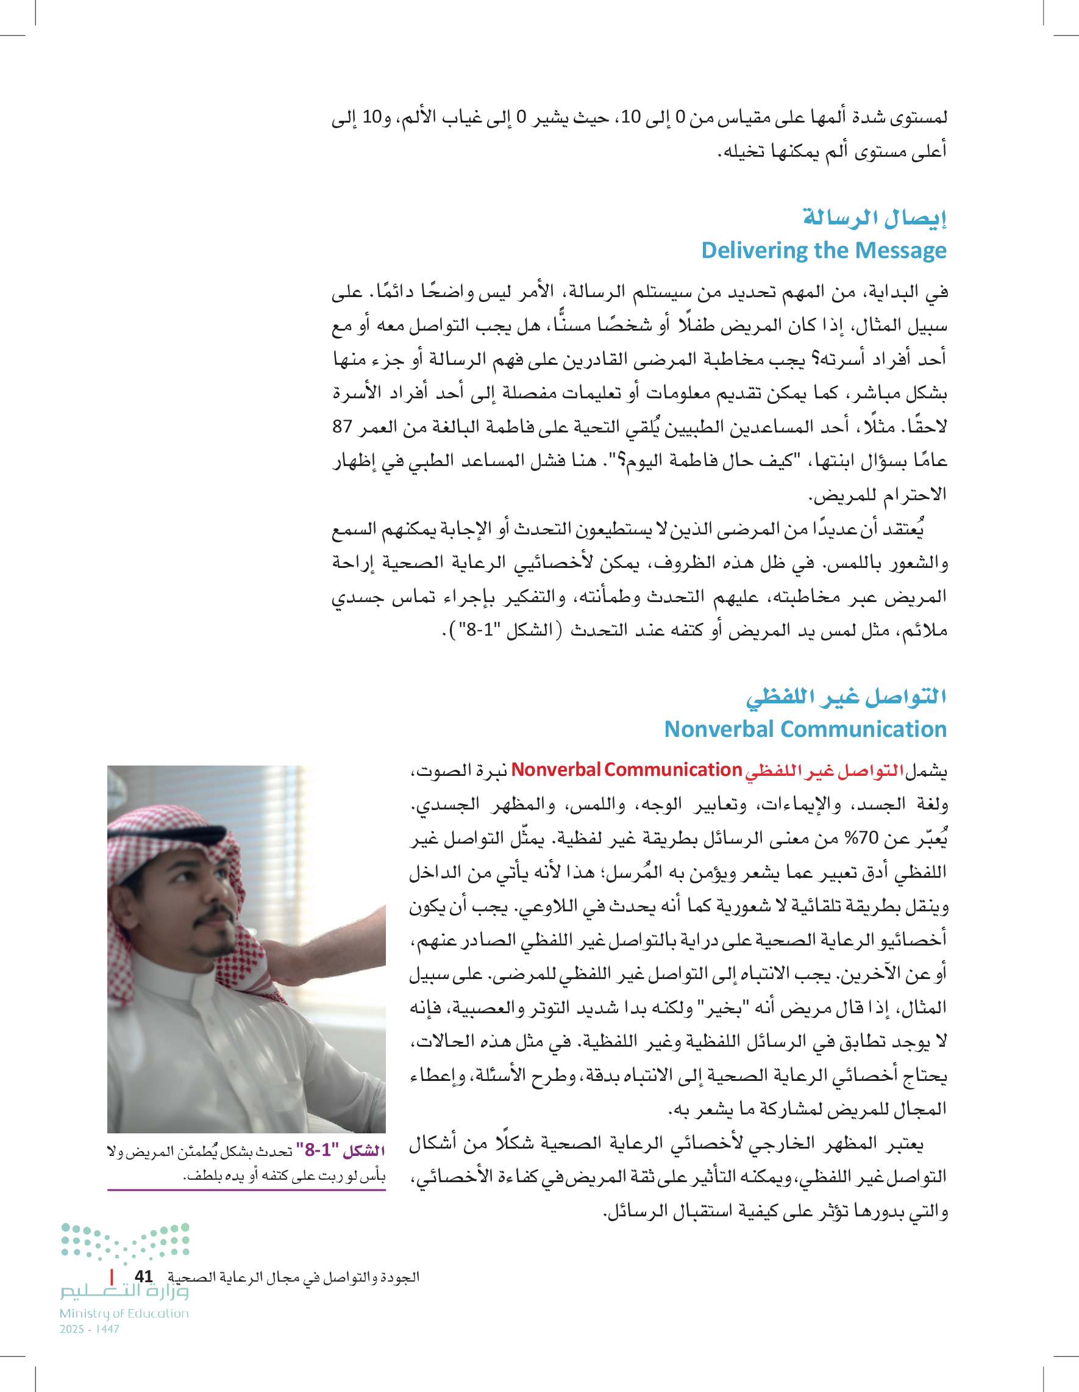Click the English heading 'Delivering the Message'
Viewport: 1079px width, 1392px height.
click(823, 251)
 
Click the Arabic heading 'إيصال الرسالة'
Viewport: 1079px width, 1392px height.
click(874, 217)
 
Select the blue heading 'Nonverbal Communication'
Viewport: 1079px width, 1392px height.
click(805, 728)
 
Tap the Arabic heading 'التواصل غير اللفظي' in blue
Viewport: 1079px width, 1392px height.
click(846, 696)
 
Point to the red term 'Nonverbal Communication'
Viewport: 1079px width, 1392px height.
click(626, 769)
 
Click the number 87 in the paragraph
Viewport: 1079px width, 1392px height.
click(342, 426)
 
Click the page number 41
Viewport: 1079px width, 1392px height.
click(144, 1276)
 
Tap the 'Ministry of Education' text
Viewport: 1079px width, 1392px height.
click(124, 1313)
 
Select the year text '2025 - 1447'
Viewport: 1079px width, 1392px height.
click(89, 1329)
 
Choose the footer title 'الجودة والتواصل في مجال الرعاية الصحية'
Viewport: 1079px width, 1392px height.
click(293, 1277)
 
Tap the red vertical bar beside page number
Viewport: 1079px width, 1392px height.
click(112, 1276)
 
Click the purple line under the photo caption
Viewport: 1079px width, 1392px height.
click(246, 1189)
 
